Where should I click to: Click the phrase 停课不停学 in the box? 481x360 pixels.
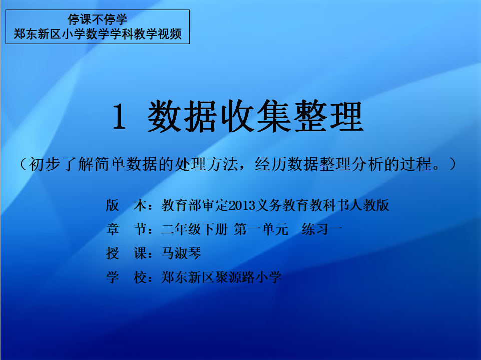(x=97, y=20)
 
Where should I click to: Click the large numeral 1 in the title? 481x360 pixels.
(x=119, y=116)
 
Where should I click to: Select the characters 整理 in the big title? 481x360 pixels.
(x=328, y=116)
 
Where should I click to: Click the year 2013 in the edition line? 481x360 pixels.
(x=242, y=205)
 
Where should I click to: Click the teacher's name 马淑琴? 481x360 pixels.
(x=181, y=253)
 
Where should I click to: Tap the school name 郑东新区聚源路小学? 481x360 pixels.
(x=221, y=277)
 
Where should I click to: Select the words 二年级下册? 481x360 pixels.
(x=195, y=229)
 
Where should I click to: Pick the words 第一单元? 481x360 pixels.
(x=261, y=229)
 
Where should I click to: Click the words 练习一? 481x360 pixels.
(x=322, y=229)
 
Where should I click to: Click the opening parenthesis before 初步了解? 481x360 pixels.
(x=24, y=164)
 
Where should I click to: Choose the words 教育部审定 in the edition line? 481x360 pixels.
(x=195, y=205)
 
